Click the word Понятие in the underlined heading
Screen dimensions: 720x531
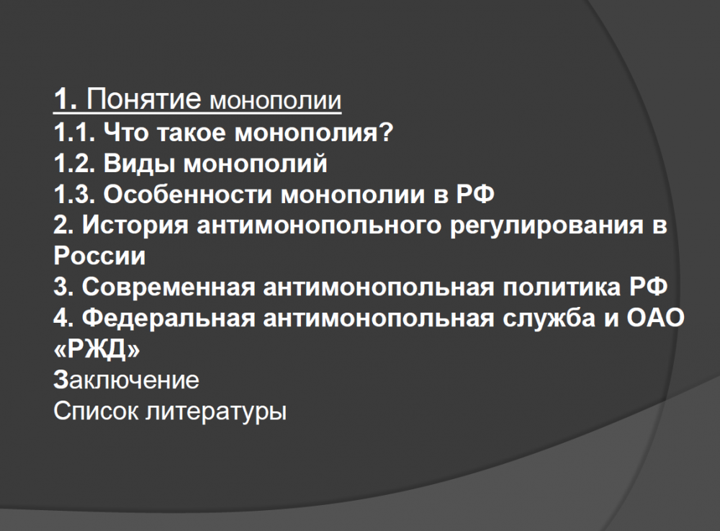144,98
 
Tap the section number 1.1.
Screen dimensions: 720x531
74,133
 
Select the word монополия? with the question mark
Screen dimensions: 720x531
314,133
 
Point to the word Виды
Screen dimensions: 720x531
140,164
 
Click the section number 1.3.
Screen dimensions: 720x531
74,195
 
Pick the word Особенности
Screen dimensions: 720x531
188,195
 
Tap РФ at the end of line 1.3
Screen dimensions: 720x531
475,195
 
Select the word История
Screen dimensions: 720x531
135,225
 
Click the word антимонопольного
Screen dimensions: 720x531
319,225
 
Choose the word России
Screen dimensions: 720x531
99,256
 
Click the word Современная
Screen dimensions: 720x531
168,287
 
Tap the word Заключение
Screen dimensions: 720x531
126,380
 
